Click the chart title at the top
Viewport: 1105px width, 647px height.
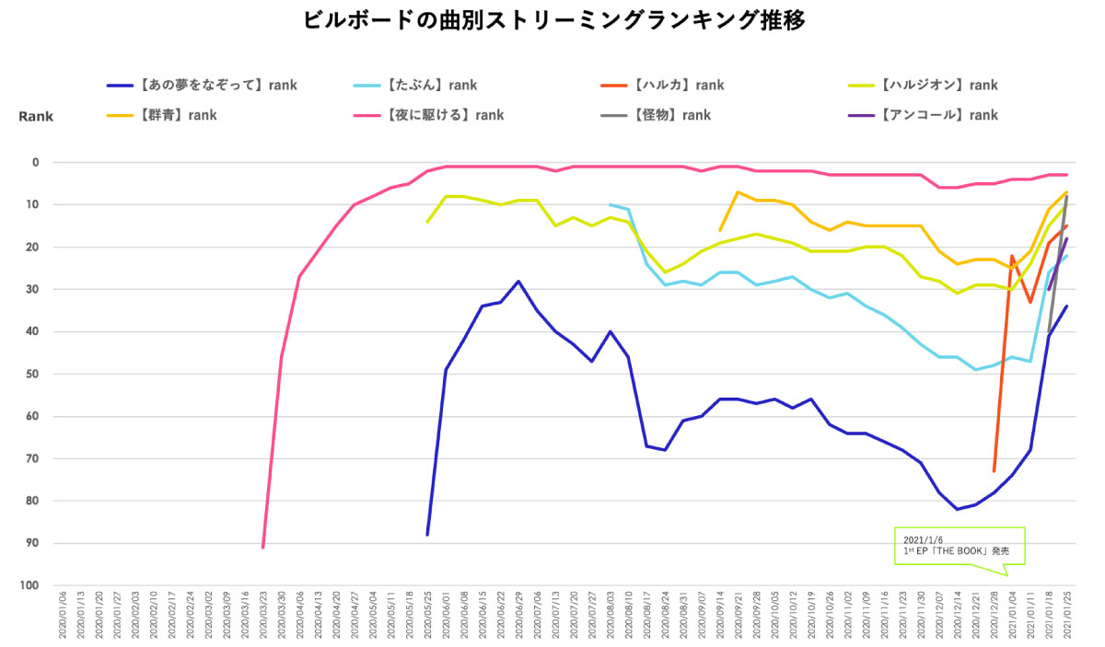(x=553, y=20)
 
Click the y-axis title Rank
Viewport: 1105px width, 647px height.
(x=36, y=117)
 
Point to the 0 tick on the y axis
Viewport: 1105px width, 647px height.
(x=36, y=163)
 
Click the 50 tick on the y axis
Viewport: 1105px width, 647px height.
(x=33, y=375)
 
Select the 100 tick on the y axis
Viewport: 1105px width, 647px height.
(x=30, y=586)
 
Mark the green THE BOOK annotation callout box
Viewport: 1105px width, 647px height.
(x=960, y=545)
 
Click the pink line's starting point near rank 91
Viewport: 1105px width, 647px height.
(x=263, y=548)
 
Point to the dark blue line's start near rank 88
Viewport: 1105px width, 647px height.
(x=427, y=535)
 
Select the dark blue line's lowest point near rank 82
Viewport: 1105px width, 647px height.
(x=958, y=509)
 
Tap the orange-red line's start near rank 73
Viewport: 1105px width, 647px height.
(x=994, y=471)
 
